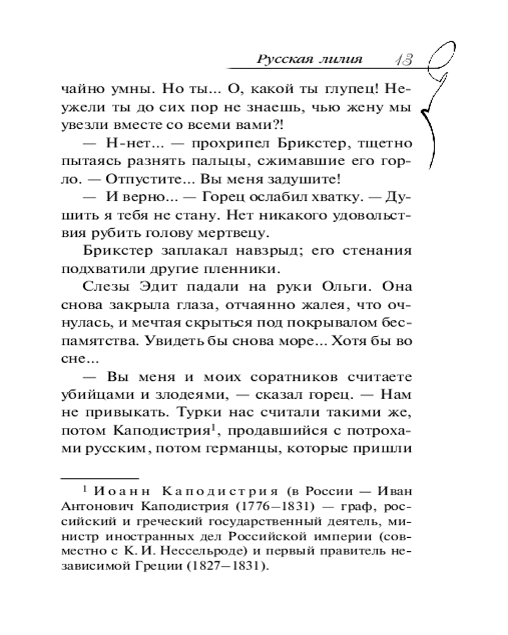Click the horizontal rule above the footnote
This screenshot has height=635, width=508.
coord(99,478)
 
